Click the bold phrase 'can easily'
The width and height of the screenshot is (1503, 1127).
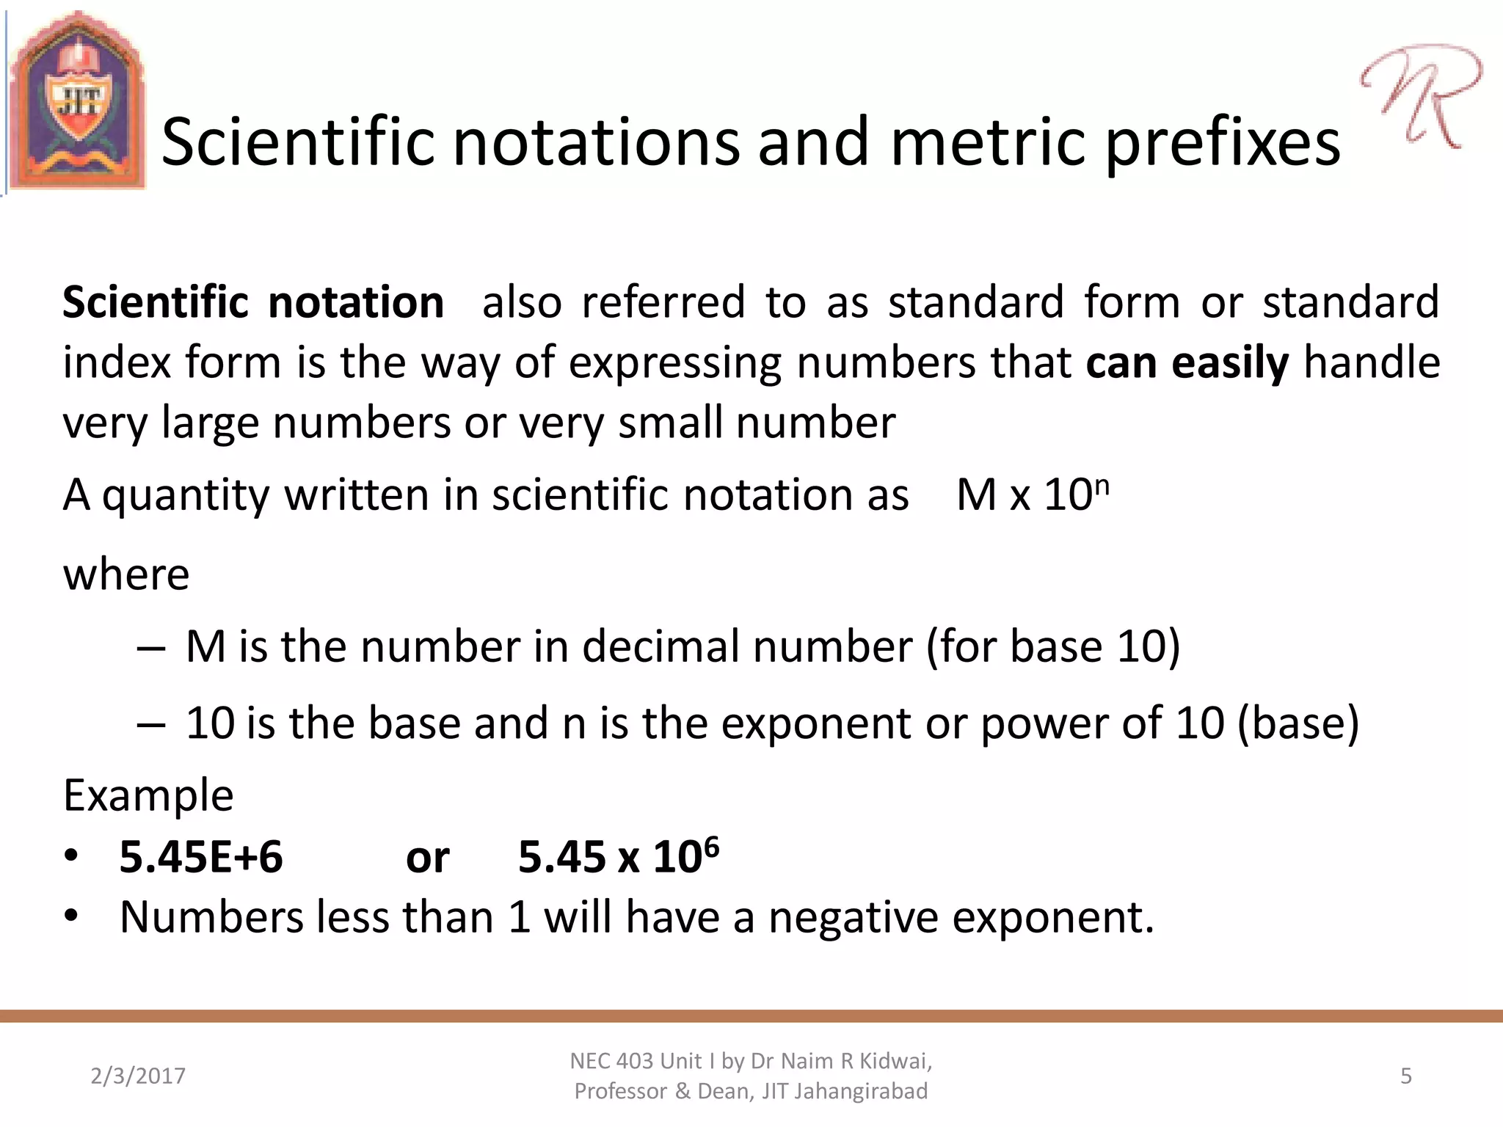[x=1187, y=363]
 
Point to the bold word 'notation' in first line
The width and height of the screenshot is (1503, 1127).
[x=356, y=302]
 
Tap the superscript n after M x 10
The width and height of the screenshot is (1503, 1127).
[x=1102, y=485]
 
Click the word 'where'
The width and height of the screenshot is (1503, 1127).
[x=126, y=574]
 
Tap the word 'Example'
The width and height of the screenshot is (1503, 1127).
[x=148, y=795]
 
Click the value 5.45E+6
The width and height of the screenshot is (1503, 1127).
[x=200, y=857]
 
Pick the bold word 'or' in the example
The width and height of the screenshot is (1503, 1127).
[x=427, y=858]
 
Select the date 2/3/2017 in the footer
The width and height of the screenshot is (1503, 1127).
[x=138, y=1076]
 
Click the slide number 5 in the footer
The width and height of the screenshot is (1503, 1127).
[x=1405, y=1076]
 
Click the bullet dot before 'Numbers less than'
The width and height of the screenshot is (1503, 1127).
[x=70, y=916]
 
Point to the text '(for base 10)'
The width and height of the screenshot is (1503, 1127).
[x=1053, y=647]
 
